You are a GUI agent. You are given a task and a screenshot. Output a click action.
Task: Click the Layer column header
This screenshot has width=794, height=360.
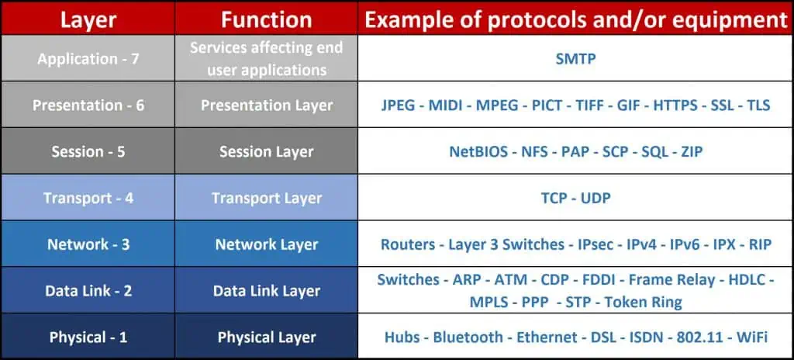tap(88, 19)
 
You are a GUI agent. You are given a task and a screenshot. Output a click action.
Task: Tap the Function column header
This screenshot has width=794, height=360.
tap(267, 19)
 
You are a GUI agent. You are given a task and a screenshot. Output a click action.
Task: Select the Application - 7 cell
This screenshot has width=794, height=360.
tap(88, 59)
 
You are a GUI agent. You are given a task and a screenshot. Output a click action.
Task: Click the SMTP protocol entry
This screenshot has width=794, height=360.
tap(575, 59)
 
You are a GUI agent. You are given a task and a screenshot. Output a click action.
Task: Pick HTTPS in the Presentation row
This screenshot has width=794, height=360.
tap(678, 106)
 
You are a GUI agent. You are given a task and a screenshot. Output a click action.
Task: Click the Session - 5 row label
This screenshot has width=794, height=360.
tap(88, 151)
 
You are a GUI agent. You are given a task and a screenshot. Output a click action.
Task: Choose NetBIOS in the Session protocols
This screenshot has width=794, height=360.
tap(478, 151)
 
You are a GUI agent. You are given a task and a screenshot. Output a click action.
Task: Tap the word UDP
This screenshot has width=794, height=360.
tap(595, 198)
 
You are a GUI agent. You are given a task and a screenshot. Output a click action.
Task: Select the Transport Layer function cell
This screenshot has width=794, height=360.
tap(267, 198)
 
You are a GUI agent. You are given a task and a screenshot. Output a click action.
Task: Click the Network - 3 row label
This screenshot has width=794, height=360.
tap(88, 244)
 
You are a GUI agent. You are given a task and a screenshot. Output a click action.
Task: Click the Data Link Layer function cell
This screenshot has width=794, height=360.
tap(267, 291)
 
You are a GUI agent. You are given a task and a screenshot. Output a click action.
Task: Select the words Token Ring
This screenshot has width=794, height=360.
tap(644, 302)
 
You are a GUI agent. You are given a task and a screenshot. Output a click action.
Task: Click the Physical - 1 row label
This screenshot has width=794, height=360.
tap(88, 337)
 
